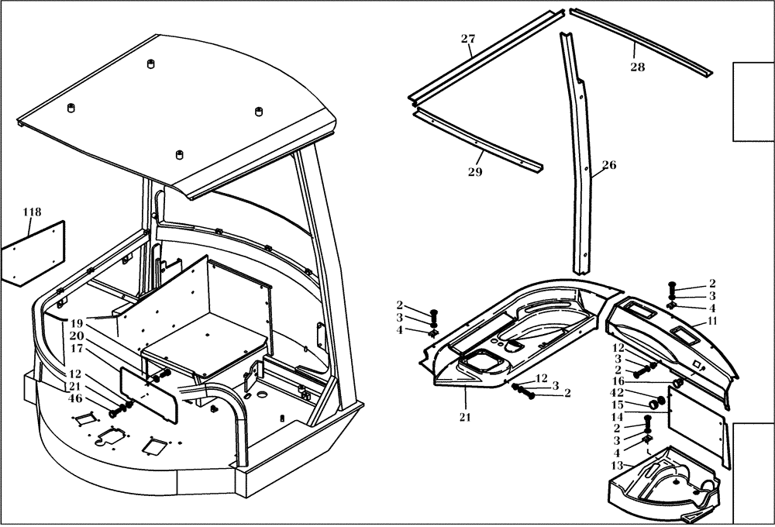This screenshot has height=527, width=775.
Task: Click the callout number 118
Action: click(x=32, y=212)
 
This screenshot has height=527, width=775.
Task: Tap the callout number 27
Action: click(x=467, y=40)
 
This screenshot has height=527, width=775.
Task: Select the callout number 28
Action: click(x=637, y=67)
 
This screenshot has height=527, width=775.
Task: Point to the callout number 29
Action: click(x=475, y=172)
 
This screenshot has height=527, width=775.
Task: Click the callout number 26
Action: click(x=609, y=165)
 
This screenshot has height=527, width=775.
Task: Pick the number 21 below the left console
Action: click(x=466, y=418)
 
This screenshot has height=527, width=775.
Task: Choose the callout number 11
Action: click(x=712, y=320)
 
